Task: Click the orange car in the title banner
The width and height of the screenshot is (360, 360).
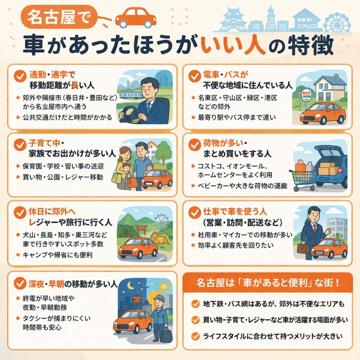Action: (x=136, y=18)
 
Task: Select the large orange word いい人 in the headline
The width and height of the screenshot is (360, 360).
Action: (x=232, y=45)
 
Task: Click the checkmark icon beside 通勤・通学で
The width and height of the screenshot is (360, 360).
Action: (x=20, y=76)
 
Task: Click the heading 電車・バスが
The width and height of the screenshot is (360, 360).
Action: (x=226, y=75)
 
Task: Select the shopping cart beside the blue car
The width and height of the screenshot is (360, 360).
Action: (x=303, y=177)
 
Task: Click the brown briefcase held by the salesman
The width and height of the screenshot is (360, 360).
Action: (x=303, y=248)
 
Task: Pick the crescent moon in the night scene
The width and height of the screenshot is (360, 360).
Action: (x=131, y=285)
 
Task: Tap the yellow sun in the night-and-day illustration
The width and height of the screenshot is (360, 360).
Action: (x=163, y=286)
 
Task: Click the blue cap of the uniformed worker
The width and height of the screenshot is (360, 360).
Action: (x=159, y=298)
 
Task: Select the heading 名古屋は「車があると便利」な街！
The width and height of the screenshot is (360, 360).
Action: (x=268, y=283)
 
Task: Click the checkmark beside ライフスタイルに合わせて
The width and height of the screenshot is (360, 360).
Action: (x=195, y=336)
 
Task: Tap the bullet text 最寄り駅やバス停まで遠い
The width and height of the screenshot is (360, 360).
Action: (x=237, y=117)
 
